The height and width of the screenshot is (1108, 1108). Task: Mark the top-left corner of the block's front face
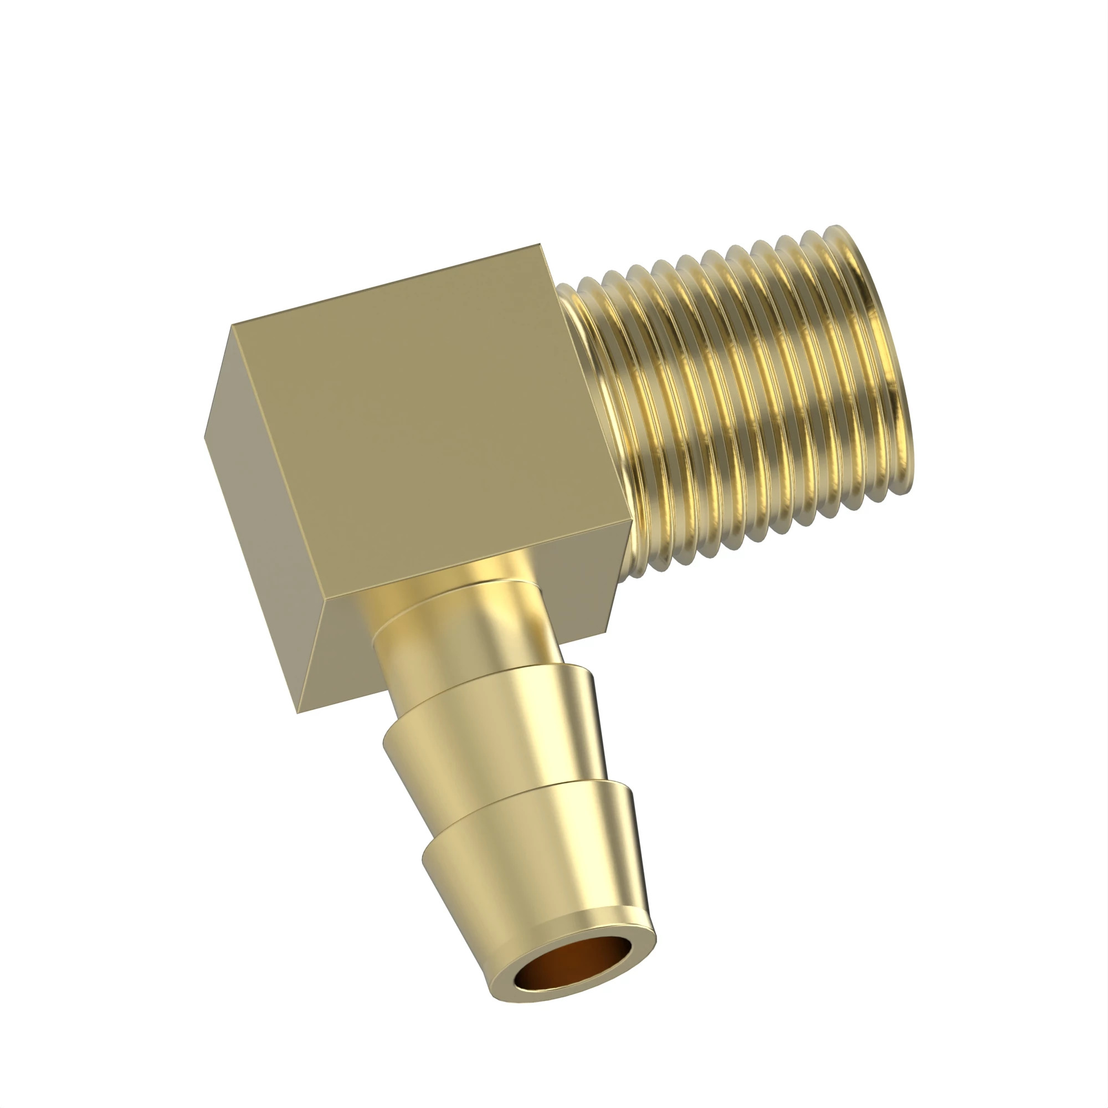click(x=232, y=326)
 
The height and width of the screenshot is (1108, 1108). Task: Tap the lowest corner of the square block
click(x=297, y=714)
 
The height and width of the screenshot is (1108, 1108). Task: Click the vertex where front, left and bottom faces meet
click(x=325, y=602)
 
